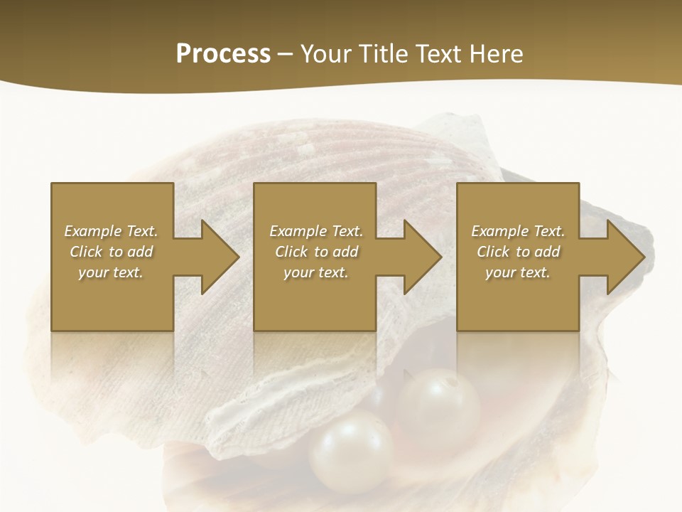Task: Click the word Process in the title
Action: point(223,54)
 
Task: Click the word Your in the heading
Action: point(325,54)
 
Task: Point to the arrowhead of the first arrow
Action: point(220,257)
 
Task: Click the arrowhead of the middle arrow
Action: point(423,257)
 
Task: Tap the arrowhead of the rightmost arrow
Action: point(626,257)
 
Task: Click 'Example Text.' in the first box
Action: point(111,231)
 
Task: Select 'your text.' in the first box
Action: point(111,272)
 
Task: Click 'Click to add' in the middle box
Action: point(316,252)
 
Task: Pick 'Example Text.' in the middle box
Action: point(316,231)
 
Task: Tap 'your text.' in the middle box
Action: point(316,272)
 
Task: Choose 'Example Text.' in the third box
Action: point(518,231)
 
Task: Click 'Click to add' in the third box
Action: point(518,252)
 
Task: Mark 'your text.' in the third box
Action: point(518,272)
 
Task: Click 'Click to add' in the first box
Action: point(111,252)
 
